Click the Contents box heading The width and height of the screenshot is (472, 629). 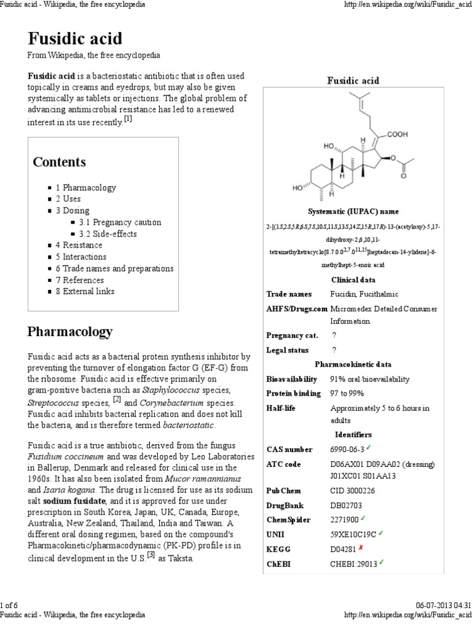59,162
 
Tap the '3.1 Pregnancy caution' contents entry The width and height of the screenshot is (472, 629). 120,222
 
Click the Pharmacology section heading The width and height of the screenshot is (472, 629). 69,332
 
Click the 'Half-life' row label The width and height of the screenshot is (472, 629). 283,408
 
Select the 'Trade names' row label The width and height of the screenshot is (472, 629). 289,294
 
